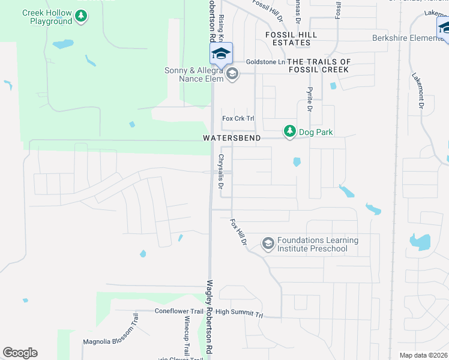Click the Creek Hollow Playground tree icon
81,21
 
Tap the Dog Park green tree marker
290,131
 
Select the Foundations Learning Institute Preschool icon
268,244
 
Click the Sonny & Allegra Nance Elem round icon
232,75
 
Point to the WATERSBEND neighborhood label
232,138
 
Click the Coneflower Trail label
179,311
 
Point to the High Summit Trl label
240,313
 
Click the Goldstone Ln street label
265,62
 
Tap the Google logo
20,353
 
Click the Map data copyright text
423,355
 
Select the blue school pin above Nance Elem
221,54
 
